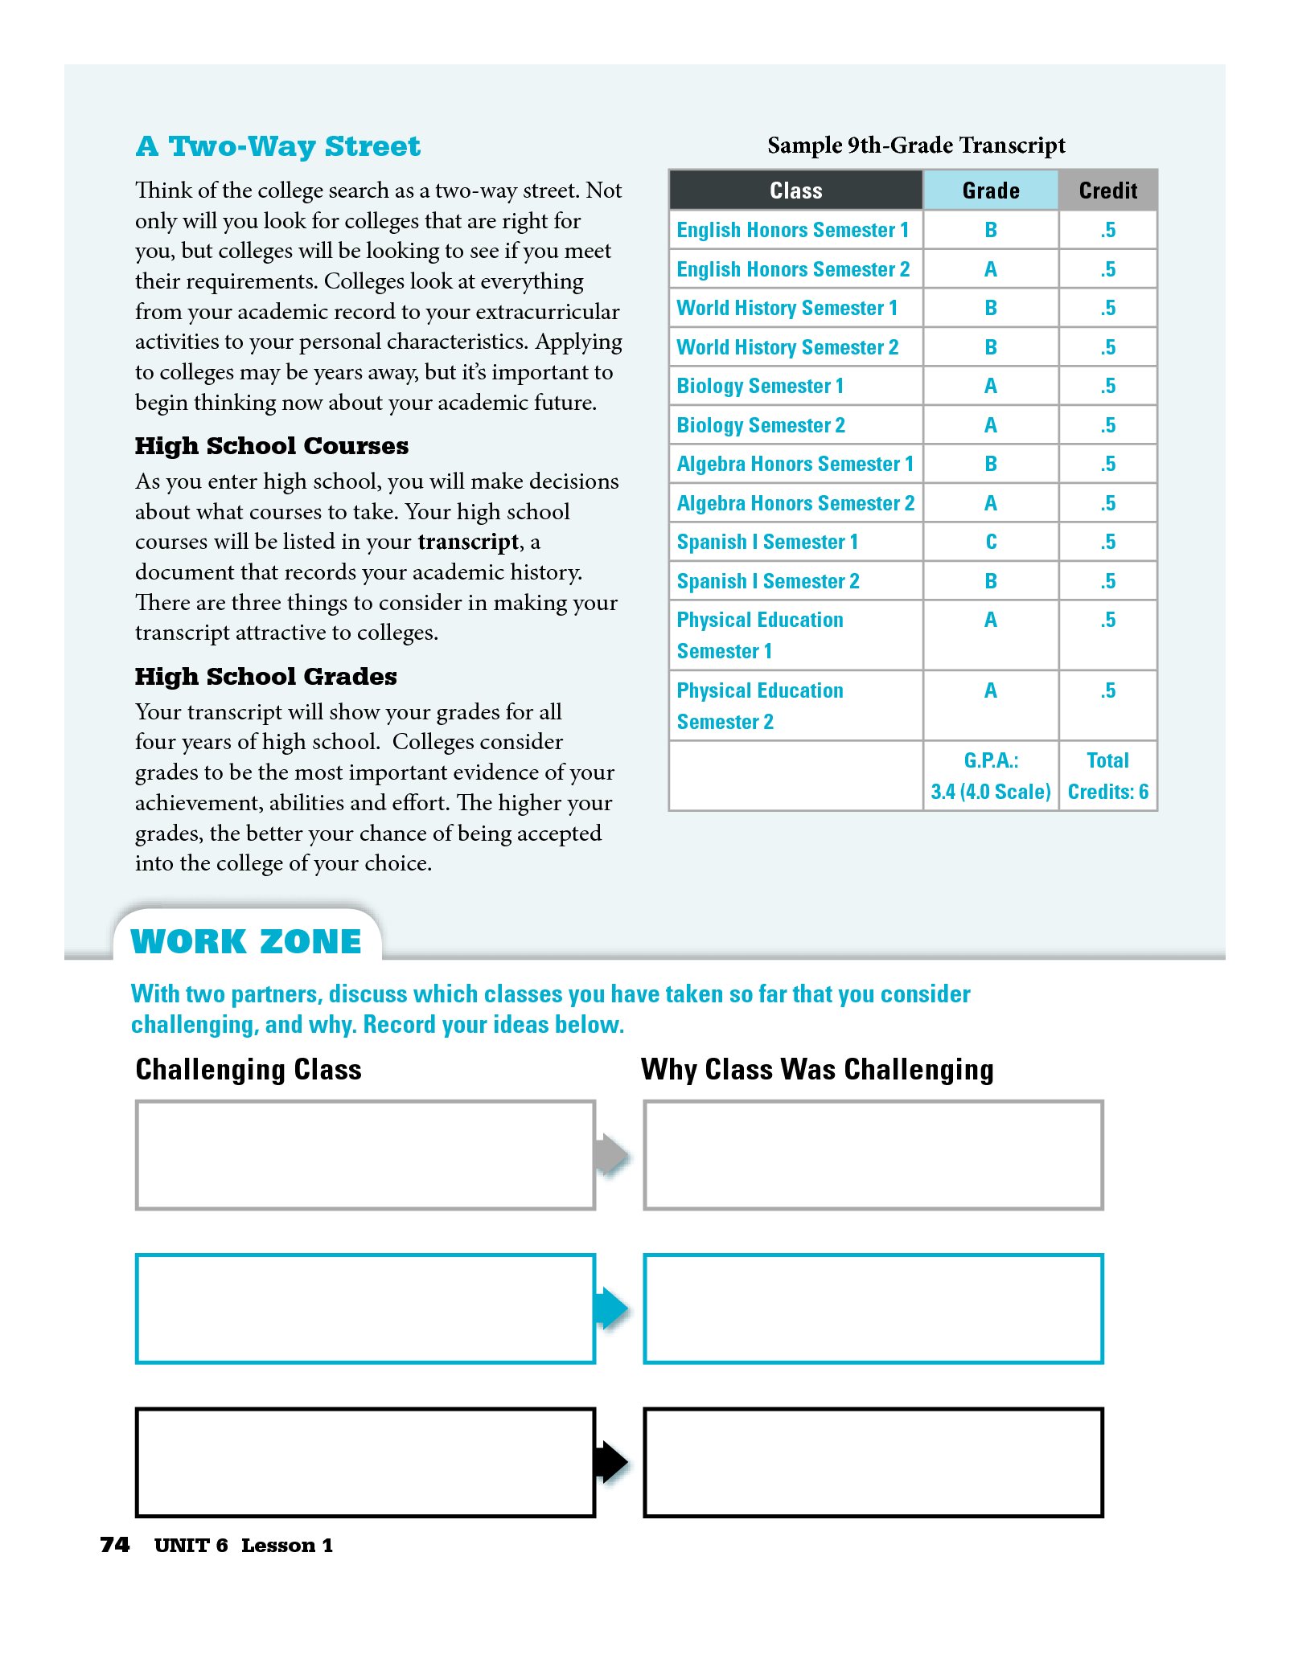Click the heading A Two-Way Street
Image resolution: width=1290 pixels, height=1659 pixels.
[x=277, y=146]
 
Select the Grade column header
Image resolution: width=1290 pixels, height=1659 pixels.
[x=990, y=190]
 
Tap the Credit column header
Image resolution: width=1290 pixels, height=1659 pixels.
[x=1107, y=190]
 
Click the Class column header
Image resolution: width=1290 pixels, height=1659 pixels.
[x=795, y=190]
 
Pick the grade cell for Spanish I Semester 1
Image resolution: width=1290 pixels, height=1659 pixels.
[x=990, y=542]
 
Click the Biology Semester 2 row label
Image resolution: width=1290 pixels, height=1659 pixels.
[x=760, y=425]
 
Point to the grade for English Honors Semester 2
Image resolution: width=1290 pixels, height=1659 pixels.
[x=990, y=269]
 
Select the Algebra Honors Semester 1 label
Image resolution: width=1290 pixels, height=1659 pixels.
[x=795, y=464]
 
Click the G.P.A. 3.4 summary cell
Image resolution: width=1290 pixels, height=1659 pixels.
[x=990, y=776]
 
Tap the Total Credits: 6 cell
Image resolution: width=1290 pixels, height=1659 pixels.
[x=1107, y=776]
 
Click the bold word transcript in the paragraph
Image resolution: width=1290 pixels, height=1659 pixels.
[x=468, y=543]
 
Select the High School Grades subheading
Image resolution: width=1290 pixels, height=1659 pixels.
[x=265, y=677]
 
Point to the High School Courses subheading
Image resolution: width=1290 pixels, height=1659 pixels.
[x=271, y=446]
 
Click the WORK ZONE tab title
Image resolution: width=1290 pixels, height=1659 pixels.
[x=245, y=941]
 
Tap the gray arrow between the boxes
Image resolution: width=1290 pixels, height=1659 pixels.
[x=612, y=1155]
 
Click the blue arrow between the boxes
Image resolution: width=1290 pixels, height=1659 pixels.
[x=612, y=1308]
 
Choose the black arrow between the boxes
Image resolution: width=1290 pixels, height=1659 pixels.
[x=612, y=1462]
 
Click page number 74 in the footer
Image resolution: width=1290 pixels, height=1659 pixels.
[x=114, y=1545]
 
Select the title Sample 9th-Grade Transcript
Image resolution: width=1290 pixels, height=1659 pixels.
[x=915, y=145]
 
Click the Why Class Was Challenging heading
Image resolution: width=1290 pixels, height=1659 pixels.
[x=816, y=1070]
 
